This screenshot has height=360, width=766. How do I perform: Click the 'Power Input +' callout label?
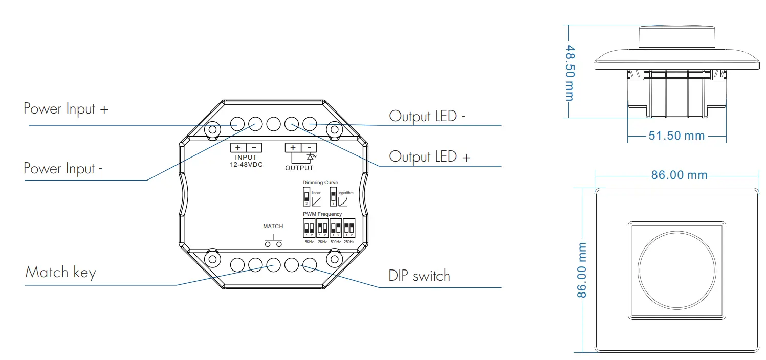(x=66, y=109)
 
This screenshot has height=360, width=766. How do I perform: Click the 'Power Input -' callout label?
(x=63, y=169)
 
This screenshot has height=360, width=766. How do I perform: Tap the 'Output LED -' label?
(x=427, y=116)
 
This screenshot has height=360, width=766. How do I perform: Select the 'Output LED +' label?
(x=429, y=156)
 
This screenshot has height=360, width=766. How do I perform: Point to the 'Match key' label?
(x=60, y=272)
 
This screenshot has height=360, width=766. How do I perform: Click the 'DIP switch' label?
(x=419, y=276)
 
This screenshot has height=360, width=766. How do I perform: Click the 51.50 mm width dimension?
(x=676, y=136)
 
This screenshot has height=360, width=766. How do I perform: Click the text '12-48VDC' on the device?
(x=247, y=164)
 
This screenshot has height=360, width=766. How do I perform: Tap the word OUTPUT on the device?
(x=299, y=168)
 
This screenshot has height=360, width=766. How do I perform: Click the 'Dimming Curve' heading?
(x=320, y=183)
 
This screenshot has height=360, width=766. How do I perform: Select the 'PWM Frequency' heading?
(x=322, y=214)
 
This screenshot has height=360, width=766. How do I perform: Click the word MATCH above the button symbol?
(x=273, y=226)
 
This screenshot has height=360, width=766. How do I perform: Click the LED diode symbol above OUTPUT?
(x=310, y=157)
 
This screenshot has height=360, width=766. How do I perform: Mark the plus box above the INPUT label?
(x=238, y=148)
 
